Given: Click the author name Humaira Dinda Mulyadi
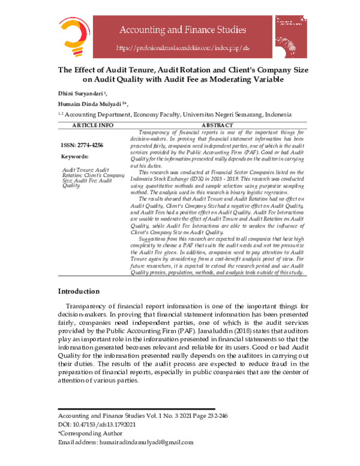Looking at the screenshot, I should (91, 103).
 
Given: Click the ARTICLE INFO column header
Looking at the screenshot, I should (92, 125).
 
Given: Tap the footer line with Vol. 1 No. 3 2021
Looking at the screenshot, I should (135, 416).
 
